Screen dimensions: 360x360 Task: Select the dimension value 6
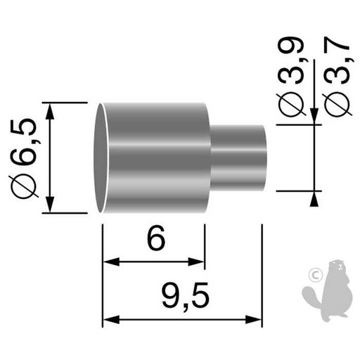tap(156, 240)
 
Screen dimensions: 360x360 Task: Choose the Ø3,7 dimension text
tap(336, 77)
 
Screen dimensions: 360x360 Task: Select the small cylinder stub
tap(239, 157)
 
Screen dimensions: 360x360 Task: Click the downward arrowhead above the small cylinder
tap(311, 118)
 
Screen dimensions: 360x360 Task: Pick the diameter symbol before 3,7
tap(336, 105)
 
